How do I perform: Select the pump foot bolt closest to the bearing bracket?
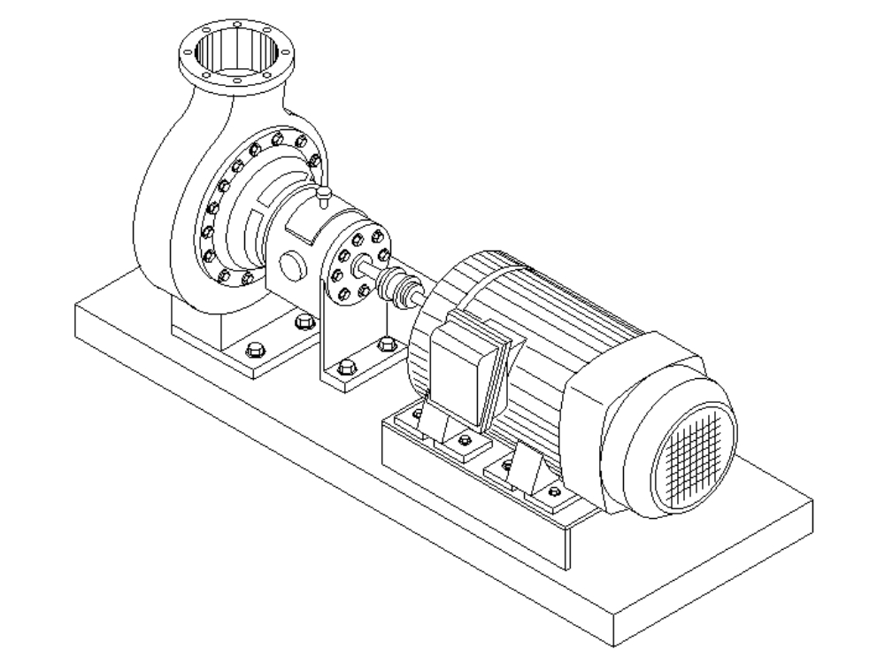(x=305, y=321)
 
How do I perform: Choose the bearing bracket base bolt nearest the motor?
(x=385, y=344)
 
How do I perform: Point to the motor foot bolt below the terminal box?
(x=461, y=438)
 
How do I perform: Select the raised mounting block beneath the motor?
(x=478, y=496)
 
